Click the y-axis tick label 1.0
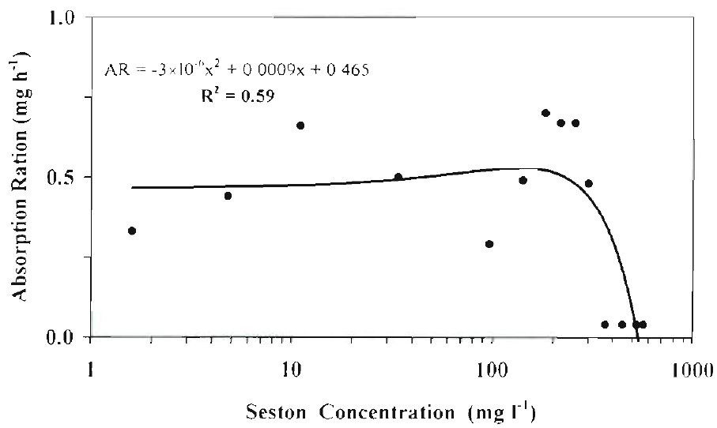tap(66, 17)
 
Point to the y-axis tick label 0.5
tap(66, 177)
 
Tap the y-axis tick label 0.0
tap(66, 337)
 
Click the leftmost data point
tap(132, 231)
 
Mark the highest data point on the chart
tap(545, 113)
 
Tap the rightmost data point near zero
tap(643, 325)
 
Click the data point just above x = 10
tap(300, 126)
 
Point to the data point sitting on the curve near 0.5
tap(398, 177)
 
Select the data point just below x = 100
tap(489, 244)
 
